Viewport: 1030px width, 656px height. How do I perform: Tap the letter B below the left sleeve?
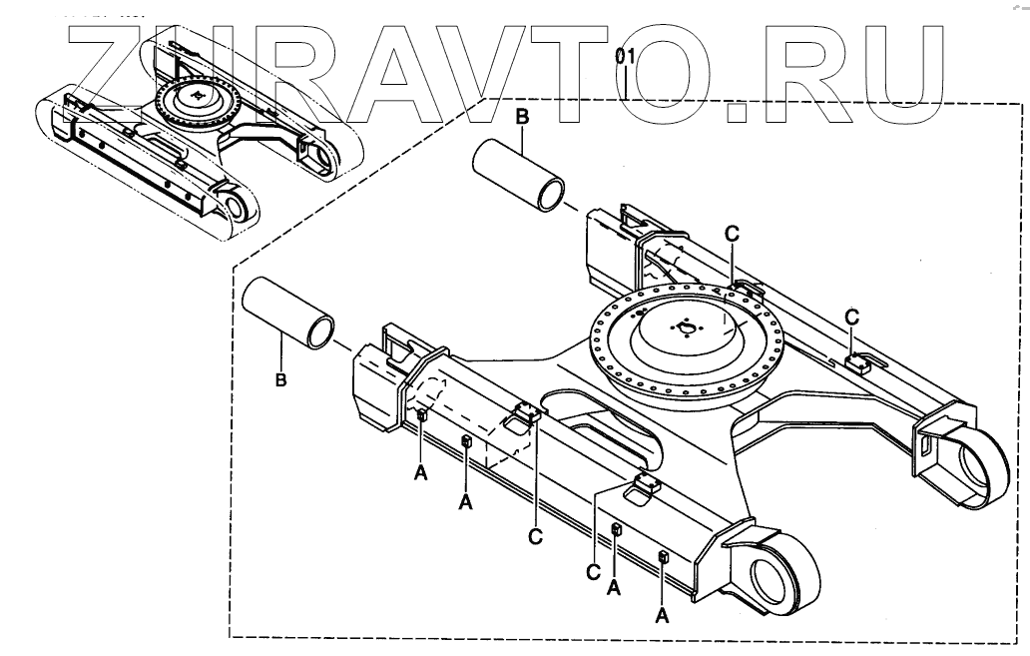tap(281, 380)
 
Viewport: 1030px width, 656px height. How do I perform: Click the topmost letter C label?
tap(732, 233)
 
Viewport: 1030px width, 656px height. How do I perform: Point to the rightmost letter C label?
tap(851, 316)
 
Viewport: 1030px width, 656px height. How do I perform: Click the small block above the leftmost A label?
tap(422, 415)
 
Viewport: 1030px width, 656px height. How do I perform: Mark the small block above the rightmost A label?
tap(663, 557)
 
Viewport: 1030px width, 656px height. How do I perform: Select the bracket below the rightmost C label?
tap(857, 359)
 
